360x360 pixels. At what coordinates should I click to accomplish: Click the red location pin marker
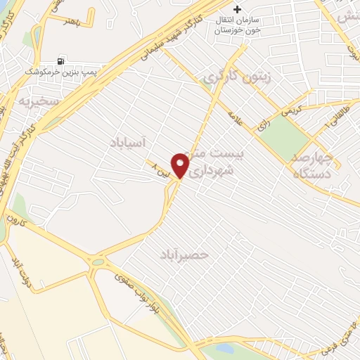pyautogui.click(x=181, y=165)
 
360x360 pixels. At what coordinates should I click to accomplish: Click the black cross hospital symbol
pyautogui.click(x=238, y=10)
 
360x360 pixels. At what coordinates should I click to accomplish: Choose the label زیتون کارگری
pyautogui.click(x=236, y=76)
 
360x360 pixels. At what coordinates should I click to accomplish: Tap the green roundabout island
pyautogui.click(x=98, y=262)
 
